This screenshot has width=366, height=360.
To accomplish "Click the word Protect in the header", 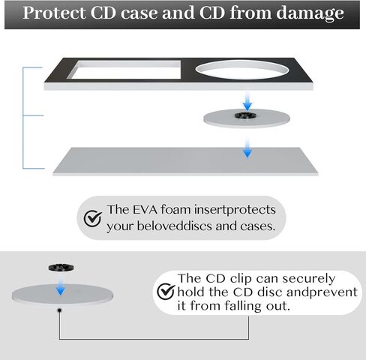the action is (54, 13).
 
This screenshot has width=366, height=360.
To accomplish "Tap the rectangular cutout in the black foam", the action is (124, 70).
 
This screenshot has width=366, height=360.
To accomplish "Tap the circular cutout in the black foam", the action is (242, 70).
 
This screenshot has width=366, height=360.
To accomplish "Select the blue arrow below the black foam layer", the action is (247, 101).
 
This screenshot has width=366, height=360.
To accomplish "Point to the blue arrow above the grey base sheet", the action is (247, 148).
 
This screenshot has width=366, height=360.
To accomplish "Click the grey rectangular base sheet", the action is (185, 161).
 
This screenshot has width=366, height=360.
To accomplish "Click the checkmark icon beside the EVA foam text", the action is (93, 218).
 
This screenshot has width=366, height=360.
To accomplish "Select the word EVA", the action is (145, 209).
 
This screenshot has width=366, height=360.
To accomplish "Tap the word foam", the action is (176, 209).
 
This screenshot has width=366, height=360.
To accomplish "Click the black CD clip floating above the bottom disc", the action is (61, 268).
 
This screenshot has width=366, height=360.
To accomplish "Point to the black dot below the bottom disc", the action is (59, 310).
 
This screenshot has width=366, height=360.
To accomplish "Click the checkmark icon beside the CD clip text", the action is (166, 292).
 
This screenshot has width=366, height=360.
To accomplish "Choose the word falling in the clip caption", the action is (243, 306).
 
